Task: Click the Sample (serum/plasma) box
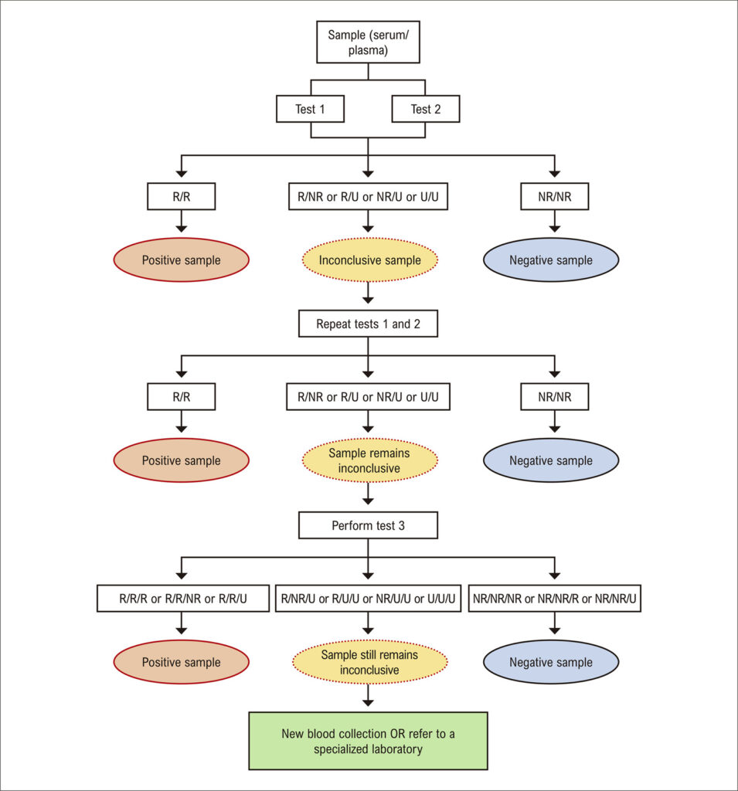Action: click(x=368, y=42)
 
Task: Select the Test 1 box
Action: click(x=310, y=109)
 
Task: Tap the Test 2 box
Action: click(x=426, y=109)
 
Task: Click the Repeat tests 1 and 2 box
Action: click(x=368, y=324)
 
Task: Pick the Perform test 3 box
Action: click(x=368, y=525)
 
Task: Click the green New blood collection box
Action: click(x=368, y=741)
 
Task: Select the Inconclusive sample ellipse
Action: click(x=369, y=260)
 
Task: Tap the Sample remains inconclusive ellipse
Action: click(x=369, y=460)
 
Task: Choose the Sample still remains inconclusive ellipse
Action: click(x=369, y=662)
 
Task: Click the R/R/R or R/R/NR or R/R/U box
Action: click(x=182, y=599)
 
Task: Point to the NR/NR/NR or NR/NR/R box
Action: click(x=554, y=599)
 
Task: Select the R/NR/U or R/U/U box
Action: click(x=368, y=599)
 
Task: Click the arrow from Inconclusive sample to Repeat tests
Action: click(x=368, y=293)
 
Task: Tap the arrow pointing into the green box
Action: click(x=368, y=695)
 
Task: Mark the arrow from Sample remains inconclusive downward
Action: click(x=368, y=494)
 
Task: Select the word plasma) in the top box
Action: click(x=368, y=50)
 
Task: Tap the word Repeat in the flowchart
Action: click(x=333, y=324)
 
